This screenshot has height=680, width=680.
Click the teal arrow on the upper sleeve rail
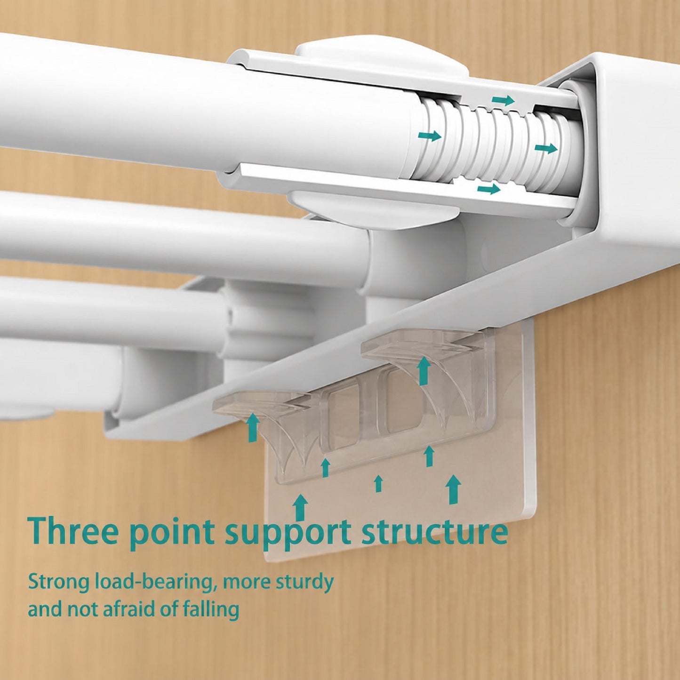[503, 100]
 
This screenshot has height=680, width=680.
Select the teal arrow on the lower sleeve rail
[489, 189]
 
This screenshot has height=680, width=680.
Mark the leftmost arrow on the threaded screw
[430, 136]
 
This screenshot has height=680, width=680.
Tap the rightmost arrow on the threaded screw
[546, 148]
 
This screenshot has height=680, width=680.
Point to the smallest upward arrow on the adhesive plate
[379, 483]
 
